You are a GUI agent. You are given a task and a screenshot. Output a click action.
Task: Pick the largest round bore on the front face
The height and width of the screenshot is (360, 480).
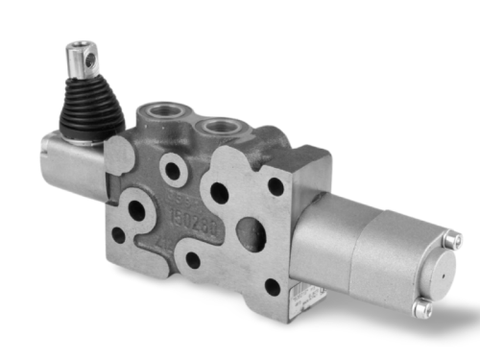[x=251, y=233]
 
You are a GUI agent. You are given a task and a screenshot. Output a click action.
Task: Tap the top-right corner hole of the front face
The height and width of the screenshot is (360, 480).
[x=276, y=186]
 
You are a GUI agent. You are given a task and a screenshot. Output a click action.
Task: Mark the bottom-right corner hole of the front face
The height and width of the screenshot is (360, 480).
[x=273, y=286]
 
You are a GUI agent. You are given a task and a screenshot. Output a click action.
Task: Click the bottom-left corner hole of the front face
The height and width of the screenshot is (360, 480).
[x=119, y=234]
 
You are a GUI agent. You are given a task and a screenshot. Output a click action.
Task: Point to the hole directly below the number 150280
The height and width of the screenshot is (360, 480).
[x=193, y=259]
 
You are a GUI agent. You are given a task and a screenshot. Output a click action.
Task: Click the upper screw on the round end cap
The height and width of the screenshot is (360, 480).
[x=452, y=240]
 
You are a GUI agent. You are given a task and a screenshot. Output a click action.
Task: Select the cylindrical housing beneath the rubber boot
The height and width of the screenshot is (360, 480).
[x=72, y=163]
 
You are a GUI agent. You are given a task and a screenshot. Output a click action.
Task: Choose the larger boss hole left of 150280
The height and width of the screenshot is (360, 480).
[x=136, y=210]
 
